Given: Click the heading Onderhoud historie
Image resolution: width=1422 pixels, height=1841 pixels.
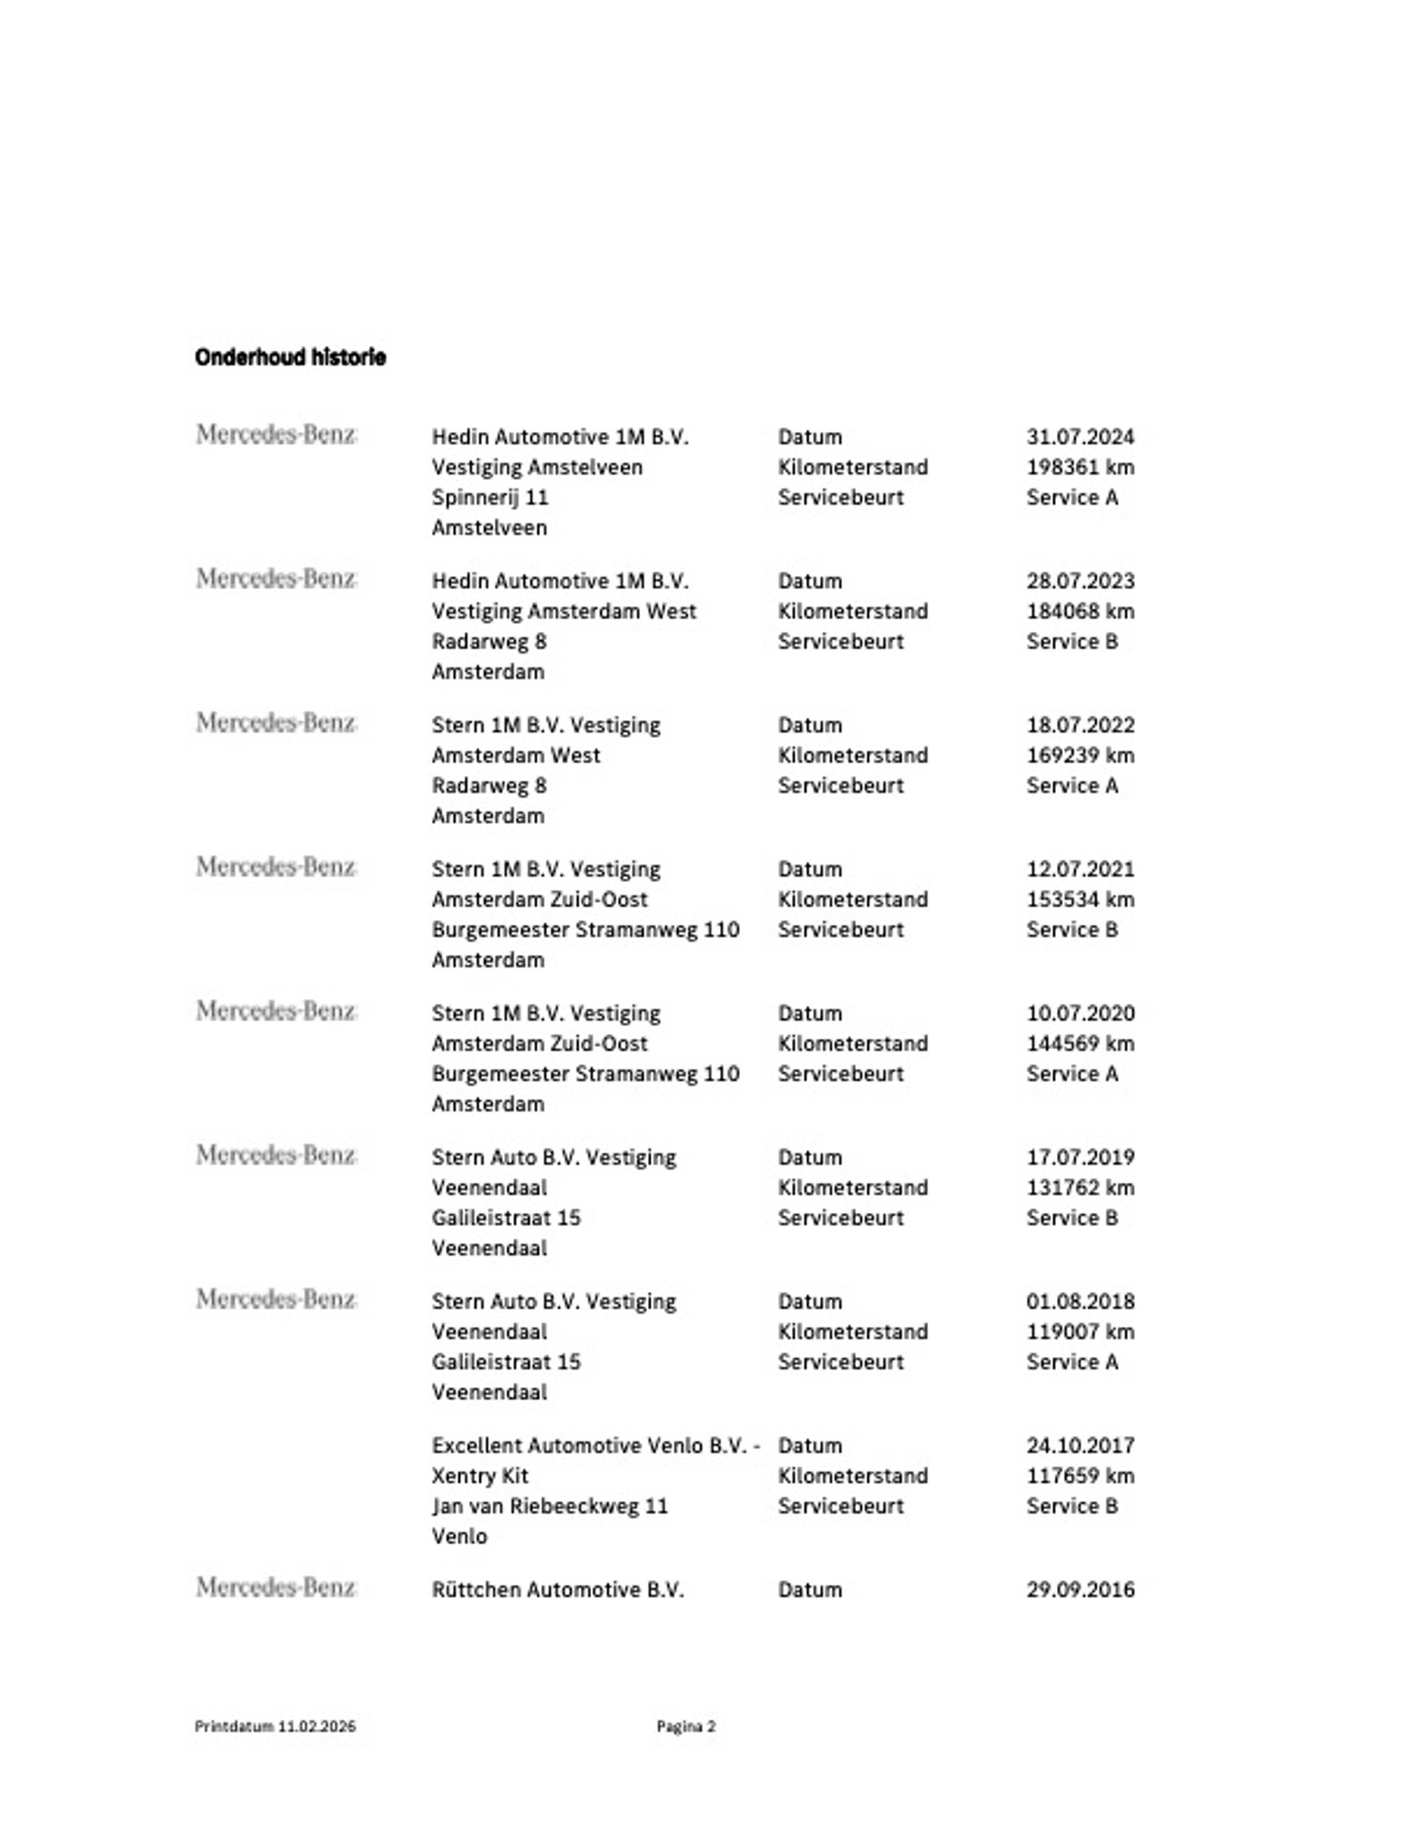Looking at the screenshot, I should [290, 357].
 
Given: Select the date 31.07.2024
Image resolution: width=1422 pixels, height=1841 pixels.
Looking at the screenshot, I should [1080, 436].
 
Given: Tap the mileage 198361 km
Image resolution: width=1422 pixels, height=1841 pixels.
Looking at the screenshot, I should [1080, 467].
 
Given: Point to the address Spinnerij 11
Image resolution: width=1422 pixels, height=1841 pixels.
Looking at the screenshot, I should [490, 497].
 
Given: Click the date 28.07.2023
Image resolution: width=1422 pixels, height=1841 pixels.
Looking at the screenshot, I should [1080, 581].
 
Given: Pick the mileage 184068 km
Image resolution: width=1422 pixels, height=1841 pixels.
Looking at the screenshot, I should [1080, 611].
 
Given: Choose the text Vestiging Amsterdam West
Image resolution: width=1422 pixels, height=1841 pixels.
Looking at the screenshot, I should [564, 611].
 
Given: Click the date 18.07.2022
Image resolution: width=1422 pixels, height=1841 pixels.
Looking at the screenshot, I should [1080, 725].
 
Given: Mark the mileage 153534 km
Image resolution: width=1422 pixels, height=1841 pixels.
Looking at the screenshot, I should [1080, 899].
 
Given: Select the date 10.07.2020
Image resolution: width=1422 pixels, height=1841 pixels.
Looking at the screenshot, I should [1080, 1013].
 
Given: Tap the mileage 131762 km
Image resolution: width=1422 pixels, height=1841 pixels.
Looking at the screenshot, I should [1080, 1188].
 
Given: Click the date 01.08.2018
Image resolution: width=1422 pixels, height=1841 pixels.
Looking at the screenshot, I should [1080, 1302].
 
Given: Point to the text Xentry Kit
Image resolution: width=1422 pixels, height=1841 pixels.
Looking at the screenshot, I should [480, 1476].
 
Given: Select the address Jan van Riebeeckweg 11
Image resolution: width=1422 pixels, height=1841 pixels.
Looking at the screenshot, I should [550, 1506].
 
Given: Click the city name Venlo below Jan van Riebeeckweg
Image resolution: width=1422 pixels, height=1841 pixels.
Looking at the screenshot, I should [459, 1537].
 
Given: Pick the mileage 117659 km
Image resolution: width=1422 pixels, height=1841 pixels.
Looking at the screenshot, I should [1080, 1476].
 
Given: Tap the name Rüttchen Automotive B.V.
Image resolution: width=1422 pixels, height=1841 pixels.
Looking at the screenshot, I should [557, 1590].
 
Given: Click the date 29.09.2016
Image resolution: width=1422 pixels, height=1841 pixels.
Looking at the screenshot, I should [1080, 1590].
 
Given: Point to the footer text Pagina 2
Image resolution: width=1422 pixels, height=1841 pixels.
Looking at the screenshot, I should [686, 1726].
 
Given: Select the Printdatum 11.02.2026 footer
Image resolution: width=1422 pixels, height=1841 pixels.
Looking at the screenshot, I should [275, 1726].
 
